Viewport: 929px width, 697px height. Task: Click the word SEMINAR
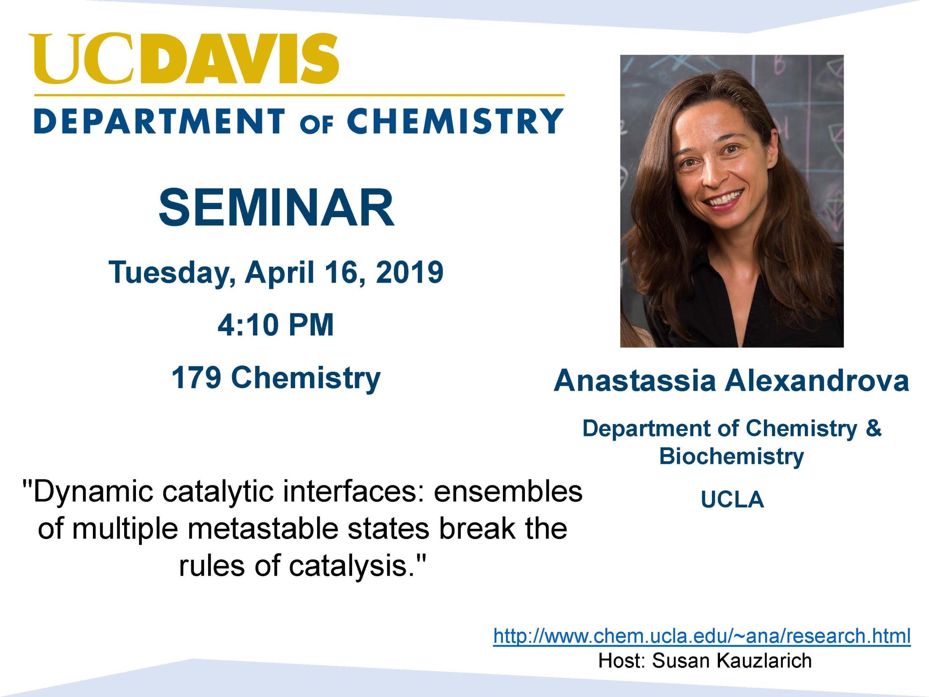point(277,208)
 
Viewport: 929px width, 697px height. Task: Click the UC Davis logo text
point(184,58)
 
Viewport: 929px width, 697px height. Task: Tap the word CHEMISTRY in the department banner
point(455,121)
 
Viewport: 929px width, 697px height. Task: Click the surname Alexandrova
point(817,381)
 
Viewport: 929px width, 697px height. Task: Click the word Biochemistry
point(732,457)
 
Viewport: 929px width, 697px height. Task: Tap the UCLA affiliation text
point(732,500)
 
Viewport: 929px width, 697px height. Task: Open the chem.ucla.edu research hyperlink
point(702,636)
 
